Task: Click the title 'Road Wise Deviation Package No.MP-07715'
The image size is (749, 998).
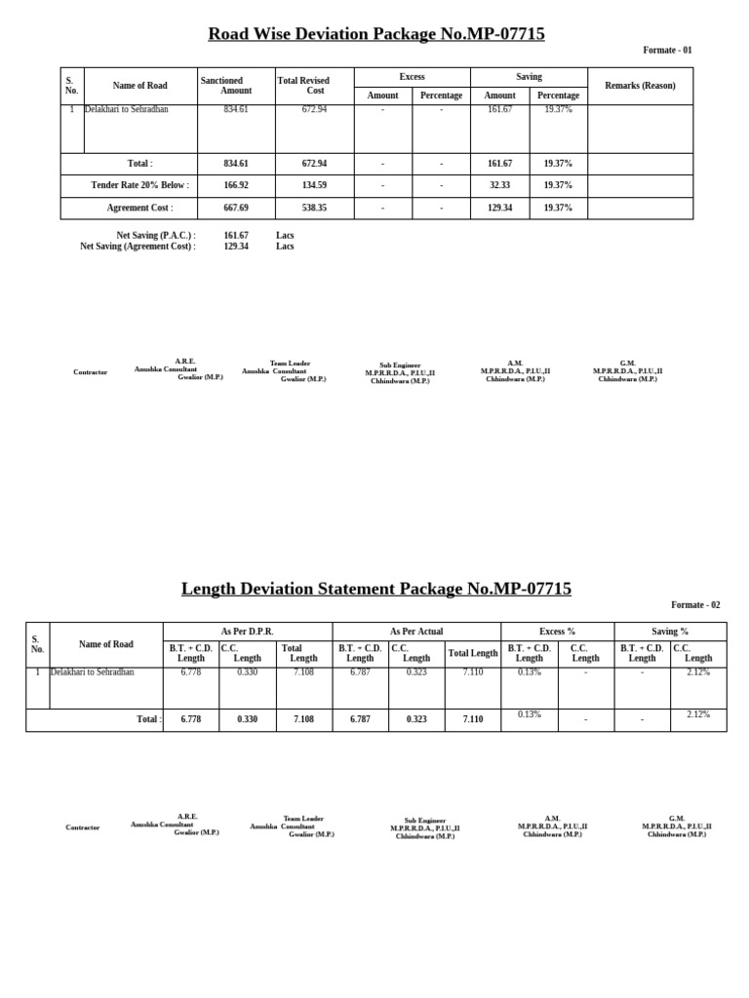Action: pyautogui.click(x=375, y=34)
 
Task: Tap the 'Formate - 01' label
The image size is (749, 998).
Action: pyautogui.click(x=667, y=50)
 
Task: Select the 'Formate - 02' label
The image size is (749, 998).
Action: pyautogui.click(x=695, y=605)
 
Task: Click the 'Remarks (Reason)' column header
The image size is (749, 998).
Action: pyautogui.click(x=640, y=86)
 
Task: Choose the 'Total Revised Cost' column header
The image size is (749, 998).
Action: pyautogui.click(x=304, y=86)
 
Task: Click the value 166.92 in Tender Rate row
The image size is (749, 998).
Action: pyautogui.click(x=236, y=185)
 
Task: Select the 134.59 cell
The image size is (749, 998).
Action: pyautogui.click(x=314, y=185)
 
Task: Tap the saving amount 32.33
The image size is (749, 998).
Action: pyautogui.click(x=499, y=185)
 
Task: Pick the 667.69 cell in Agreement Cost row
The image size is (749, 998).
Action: pyautogui.click(x=236, y=208)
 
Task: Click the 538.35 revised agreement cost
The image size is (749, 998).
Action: pyautogui.click(x=314, y=208)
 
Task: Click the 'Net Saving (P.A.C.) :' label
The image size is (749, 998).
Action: pyautogui.click(x=156, y=236)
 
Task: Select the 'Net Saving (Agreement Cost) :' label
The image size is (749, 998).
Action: pyautogui.click(x=138, y=247)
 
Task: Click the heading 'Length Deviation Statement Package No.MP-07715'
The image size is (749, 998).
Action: pyautogui.click(x=375, y=589)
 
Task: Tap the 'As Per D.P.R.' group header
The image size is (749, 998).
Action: pyautogui.click(x=247, y=632)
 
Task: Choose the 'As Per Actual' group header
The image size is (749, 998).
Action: pyautogui.click(x=416, y=632)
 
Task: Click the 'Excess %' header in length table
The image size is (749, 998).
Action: pyautogui.click(x=557, y=632)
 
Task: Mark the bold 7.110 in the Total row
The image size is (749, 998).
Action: pyautogui.click(x=472, y=719)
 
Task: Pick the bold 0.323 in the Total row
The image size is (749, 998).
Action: pyautogui.click(x=416, y=719)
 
